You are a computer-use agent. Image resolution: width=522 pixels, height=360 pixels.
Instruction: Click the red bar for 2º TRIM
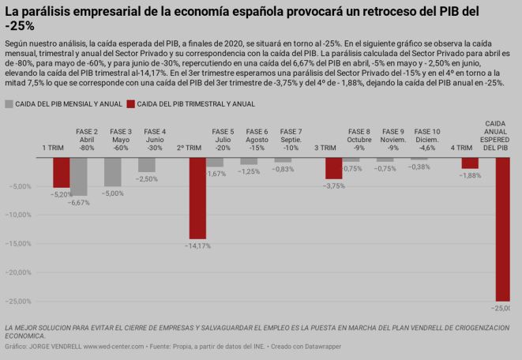click(x=197, y=197)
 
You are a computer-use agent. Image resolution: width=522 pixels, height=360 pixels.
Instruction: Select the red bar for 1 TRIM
click(x=61, y=172)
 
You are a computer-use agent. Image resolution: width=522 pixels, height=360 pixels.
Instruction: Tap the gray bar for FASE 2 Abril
click(x=79, y=176)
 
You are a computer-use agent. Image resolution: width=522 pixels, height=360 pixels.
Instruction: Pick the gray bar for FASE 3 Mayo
click(x=113, y=171)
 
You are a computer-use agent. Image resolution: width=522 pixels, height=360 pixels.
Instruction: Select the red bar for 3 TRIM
click(x=333, y=168)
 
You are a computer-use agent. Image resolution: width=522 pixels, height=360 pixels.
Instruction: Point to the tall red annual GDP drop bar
click(x=503, y=229)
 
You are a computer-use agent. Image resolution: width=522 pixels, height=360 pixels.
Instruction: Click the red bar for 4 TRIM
click(x=470, y=163)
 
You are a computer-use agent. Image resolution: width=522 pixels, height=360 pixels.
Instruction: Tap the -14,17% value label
click(x=197, y=246)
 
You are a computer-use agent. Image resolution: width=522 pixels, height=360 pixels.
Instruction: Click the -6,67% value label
click(x=79, y=202)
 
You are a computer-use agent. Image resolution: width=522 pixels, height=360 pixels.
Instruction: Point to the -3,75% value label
click(x=334, y=186)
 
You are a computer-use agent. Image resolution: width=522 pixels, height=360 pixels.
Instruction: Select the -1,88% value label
click(x=470, y=175)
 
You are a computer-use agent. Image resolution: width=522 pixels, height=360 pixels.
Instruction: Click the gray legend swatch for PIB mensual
click(x=9, y=103)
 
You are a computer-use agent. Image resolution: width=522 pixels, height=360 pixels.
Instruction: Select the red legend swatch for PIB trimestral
click(x=131, y=103)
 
